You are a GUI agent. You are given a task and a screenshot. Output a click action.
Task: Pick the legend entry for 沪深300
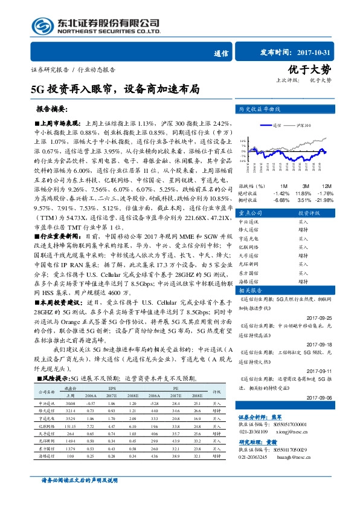302,125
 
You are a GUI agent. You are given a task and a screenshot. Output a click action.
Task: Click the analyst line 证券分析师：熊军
260,417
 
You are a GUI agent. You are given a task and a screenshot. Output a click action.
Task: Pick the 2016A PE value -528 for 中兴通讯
153,402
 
